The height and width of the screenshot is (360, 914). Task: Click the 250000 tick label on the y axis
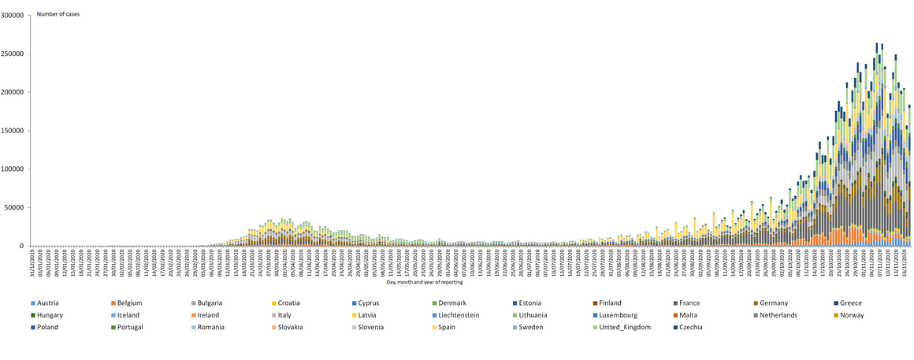pyautogui.click(x=13, y=54)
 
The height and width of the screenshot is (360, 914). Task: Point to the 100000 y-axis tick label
pyautogui.click(x=13, y=169)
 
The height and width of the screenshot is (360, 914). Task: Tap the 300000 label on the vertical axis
pyautogui.click(x=13, y=15)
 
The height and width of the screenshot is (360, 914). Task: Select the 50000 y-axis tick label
pyautogui.click(x=15, y=208)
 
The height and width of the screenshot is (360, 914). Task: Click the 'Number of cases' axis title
pyautogui.click(x=58, y=14)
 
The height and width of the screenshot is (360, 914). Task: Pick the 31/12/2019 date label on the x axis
pyautogui.click(x=32, y=258)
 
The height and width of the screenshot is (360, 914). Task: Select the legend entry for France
pyautogui.click(x=690, y=303)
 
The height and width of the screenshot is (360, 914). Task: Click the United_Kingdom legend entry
pyautogui.click(x=625, y=327)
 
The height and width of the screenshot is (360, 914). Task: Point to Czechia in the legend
pyautogui.click(x=689, y=327)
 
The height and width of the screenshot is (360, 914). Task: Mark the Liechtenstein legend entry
pyautogui.click(x=465, y=315)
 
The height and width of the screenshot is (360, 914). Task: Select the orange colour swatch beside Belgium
pyautogui.click(x=113, y=303)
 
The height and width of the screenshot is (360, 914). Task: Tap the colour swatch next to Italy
pyautogui.click(x=273, y=315)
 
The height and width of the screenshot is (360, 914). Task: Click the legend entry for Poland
pyautogui.click(x=47, y=327)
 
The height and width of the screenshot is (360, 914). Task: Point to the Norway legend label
pyautogui.click(x=853, y=315)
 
